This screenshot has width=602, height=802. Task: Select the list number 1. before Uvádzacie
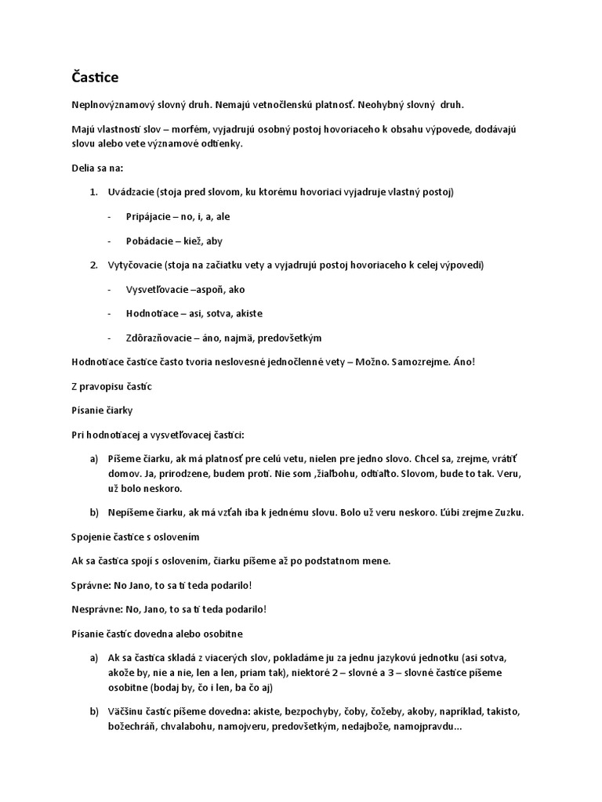[92, 193]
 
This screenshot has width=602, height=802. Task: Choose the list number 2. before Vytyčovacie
[92, 266]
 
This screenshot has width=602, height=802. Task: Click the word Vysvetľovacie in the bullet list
[156, 289]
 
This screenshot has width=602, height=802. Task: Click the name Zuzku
[506, 513]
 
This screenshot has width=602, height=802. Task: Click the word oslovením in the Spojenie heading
[175, 536]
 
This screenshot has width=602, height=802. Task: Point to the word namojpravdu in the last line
[429, 727]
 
